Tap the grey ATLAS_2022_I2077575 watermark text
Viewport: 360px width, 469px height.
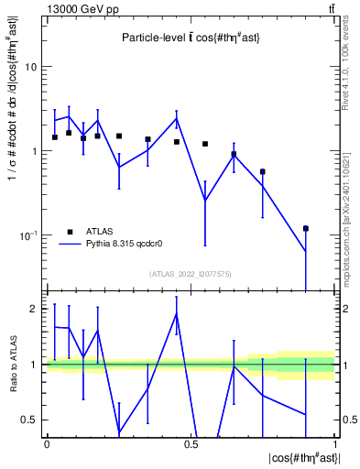[190, 274]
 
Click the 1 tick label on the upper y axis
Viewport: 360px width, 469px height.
[35, 151]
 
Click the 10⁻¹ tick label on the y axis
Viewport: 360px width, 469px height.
[29, 234]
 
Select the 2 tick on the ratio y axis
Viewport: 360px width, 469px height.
[35, 309]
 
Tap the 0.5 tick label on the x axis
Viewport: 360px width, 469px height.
[191, 444]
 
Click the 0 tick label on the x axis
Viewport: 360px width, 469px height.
[47, 444]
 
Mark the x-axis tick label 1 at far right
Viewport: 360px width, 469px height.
[334, 444]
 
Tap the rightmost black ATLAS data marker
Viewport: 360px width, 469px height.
[306, 228]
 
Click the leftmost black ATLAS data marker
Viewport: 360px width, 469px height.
[55, 137]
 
